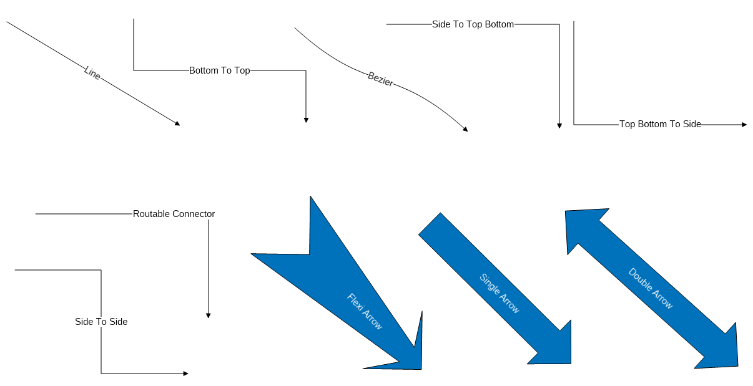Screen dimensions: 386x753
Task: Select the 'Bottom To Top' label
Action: coord(220,70)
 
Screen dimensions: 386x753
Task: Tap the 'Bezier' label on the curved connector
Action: coord(380,79)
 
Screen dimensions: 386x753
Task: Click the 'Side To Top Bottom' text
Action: coord(473,24)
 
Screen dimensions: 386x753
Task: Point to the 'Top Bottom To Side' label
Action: coord(660,124)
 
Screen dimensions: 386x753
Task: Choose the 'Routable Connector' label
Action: coord(174,214)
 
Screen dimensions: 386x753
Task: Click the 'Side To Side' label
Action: coord(101,322)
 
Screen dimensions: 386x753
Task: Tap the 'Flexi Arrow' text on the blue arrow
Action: coord(364,311)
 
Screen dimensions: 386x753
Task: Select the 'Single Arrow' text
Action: coord(499,293)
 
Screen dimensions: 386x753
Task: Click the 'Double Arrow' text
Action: coord(650,288)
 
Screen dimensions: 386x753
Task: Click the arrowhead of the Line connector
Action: coord(177,123)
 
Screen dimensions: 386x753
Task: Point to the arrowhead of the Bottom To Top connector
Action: coord(306,120)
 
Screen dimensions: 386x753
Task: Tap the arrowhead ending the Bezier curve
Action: coord(465,129)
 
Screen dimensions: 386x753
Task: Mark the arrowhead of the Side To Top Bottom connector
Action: coord(559,126)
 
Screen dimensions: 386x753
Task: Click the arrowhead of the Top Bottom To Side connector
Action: coord(744,125)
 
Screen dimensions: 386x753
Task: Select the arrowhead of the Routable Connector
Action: coord(208,316)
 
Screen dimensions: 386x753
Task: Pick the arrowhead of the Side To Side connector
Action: coord(185,374)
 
